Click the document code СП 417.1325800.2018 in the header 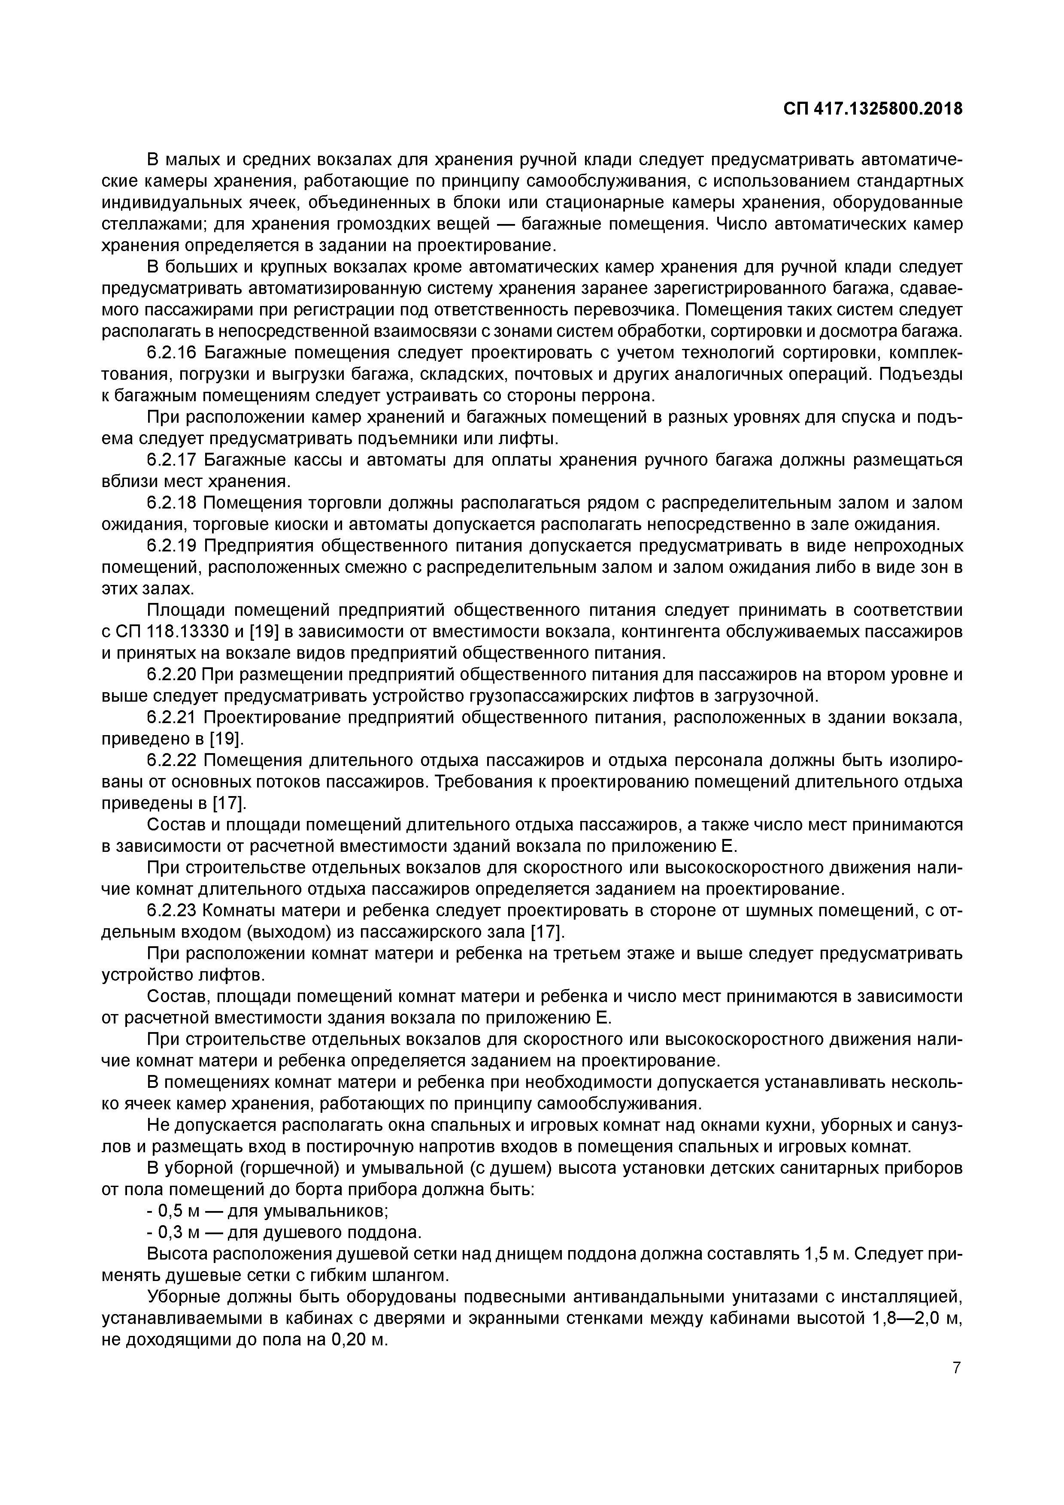(x=873, y=109)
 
